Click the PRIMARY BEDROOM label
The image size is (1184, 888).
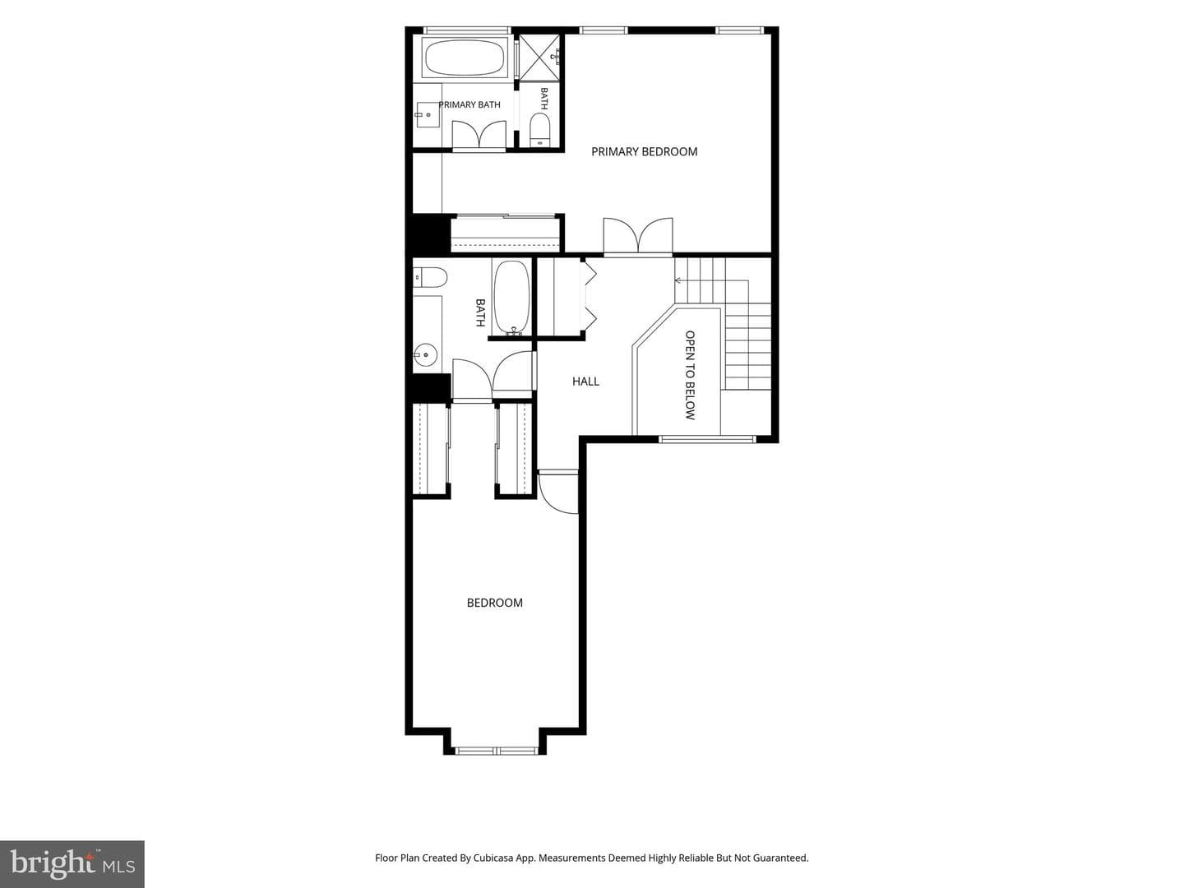[x=644, y=151]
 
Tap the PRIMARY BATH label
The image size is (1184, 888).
[x=469, y=104]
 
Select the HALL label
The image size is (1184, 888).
[x=585, y=382]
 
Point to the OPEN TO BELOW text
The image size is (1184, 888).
[x=690, y=375]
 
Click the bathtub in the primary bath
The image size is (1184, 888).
[x=465, y=58]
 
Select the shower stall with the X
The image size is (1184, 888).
[x=539, y=58]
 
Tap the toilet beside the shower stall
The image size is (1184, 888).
[x=539, y=130]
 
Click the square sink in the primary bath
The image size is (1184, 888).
[x=426, y=114]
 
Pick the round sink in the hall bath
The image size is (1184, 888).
[x=426, y=354]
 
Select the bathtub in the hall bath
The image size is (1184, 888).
[x=511, y=298]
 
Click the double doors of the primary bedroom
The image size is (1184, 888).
[x=637, y=236]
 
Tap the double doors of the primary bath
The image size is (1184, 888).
[x=479, y=135]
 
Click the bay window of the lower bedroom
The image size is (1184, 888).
[x=496, y=751]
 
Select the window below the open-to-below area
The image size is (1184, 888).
[x=706, y=439]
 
